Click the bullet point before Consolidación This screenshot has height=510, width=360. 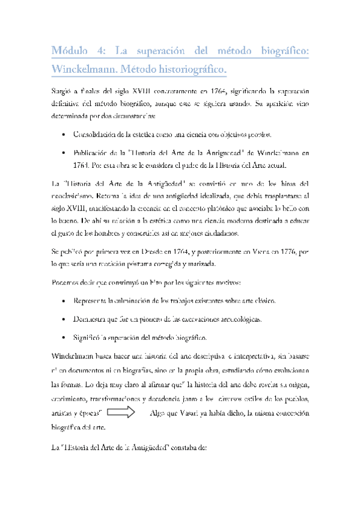tap(64, 135)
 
